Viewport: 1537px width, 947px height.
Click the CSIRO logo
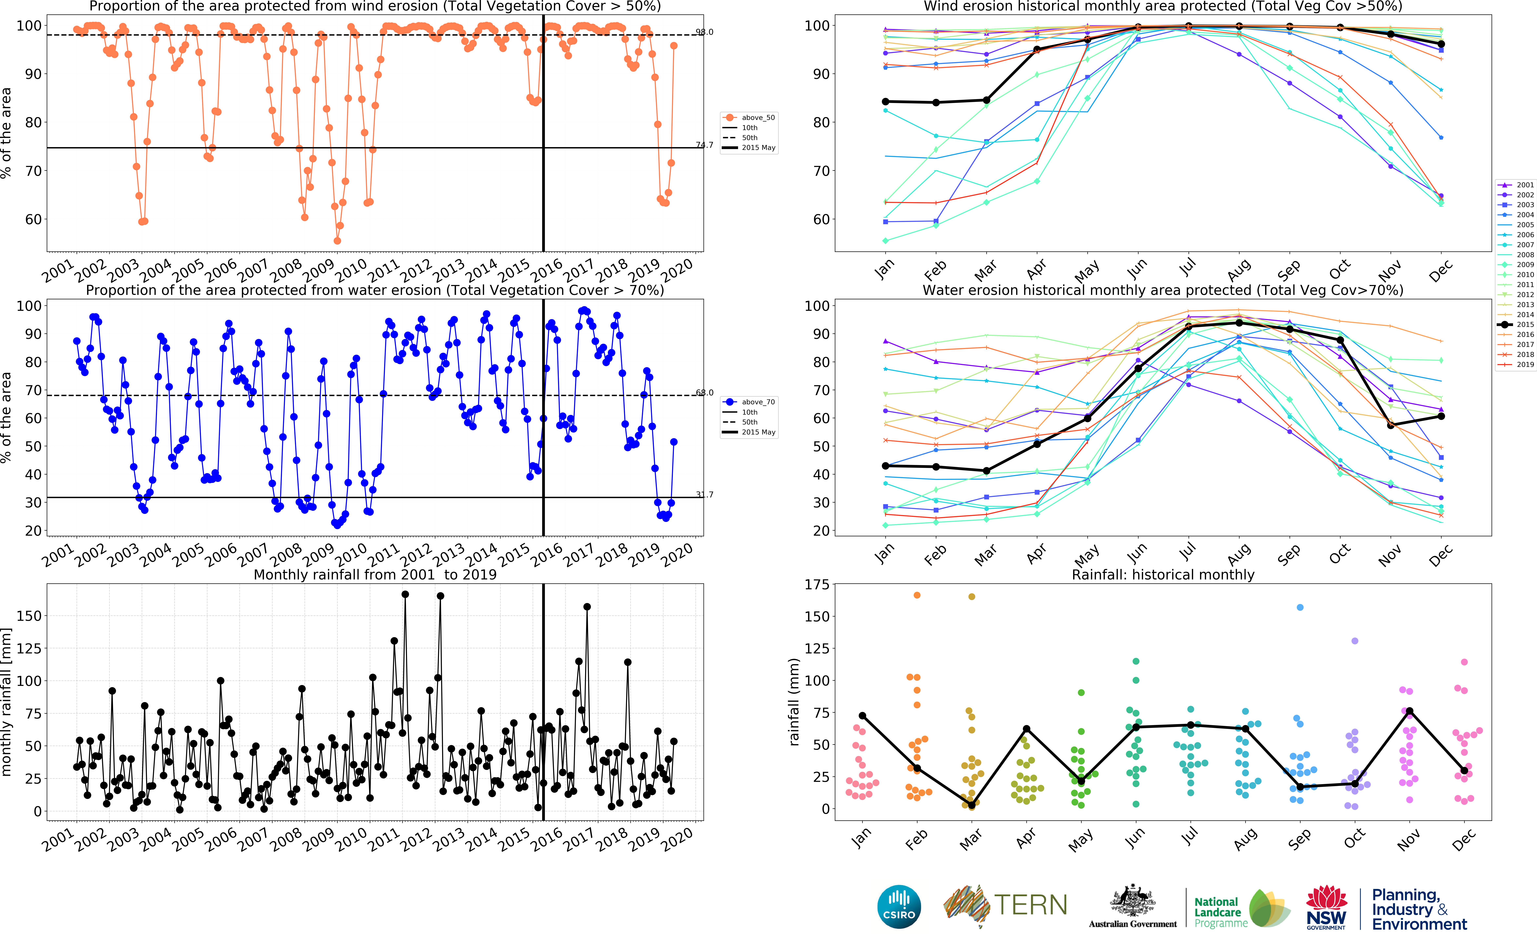(899, 906)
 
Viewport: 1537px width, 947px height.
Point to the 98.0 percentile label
(704, 32)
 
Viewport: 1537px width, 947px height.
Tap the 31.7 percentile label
(704, 495)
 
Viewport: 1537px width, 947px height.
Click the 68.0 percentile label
(704, 393)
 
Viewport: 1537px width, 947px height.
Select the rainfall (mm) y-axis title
(794, 701)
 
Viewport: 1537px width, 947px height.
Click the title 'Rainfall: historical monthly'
(1163, 574)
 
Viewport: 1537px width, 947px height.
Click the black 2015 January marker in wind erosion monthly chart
(885, 102)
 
